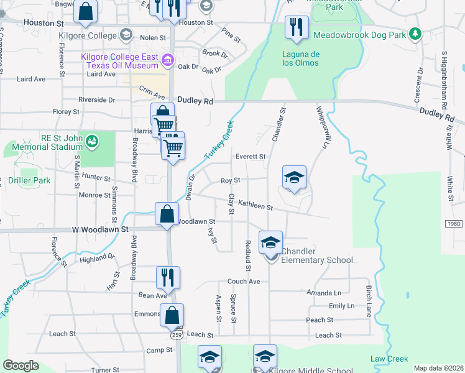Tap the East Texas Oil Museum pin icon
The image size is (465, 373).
(167, 60)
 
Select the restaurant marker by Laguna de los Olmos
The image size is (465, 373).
(297, 28)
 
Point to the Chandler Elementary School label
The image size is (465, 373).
(317, 256)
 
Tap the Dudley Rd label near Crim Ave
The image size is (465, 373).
(195, 101)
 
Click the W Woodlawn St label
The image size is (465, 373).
(99, 229)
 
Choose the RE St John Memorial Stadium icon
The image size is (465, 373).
(92, 142)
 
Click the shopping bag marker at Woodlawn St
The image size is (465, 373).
(167, 214)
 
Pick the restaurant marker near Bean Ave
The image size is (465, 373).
(167, 278)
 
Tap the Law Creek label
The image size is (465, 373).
(389, 359)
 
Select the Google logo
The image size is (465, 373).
(21, 366)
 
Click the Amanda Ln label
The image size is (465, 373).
(325, 293)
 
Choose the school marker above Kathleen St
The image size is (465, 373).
(294, 178)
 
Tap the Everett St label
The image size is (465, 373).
(251, 157)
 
